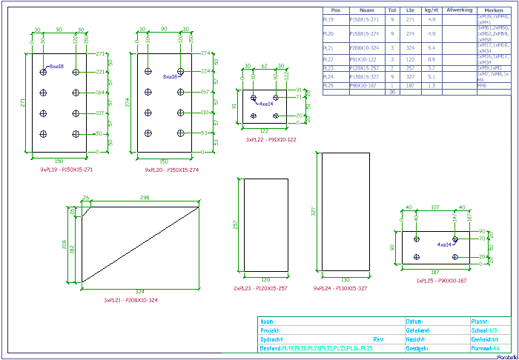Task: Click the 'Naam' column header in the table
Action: coord(366,10)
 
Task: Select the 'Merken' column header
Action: coord(494,10)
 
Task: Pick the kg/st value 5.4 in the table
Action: coord(432,47)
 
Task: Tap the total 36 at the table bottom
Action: coord(391,92)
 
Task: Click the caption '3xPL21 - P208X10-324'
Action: coord(130,300)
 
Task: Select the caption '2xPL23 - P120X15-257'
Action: coord(261,288)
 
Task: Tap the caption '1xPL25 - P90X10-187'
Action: coord(442,281)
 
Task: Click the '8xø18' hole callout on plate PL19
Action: coord(56,67)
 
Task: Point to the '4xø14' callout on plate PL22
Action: coord(265,104)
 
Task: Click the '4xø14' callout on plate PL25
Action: coord(444,244)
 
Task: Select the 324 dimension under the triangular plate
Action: coord(141,290)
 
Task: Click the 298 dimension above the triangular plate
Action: coord(145,198)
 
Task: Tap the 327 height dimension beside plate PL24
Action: coord(314,211)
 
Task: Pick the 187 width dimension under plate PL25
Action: coord(434,273)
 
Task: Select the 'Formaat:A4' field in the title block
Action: coord(486,347)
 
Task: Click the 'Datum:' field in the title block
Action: coord(415,321)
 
